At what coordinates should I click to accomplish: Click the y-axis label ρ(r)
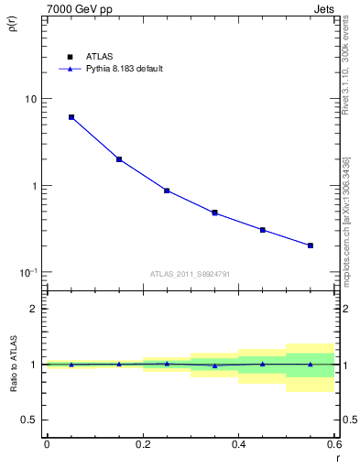pos(13,25)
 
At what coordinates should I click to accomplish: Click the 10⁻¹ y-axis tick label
pos(30,272)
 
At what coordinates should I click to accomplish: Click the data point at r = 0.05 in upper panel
pos(71,117)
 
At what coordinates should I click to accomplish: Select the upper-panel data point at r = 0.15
pos(119,159)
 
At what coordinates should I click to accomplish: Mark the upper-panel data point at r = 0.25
pos(167,191)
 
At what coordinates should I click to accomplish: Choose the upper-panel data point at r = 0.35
pos(214,213)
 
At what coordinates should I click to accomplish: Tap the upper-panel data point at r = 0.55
pos(311,245)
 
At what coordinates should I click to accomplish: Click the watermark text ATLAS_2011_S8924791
pos(191,274)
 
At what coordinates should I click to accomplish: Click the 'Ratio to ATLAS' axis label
pos(13,364)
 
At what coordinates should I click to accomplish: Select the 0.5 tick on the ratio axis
pos(31,420)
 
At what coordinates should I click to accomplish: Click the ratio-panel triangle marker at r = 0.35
pos(214,365)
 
